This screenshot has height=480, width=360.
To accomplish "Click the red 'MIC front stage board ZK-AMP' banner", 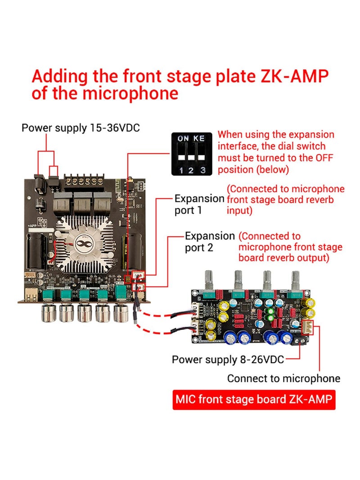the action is [254, 399].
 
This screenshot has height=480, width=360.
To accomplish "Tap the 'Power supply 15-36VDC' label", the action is [81, 128].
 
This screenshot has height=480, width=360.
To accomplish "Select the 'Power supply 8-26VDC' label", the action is [228, 359].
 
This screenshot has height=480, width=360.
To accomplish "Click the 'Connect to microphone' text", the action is [283, 378].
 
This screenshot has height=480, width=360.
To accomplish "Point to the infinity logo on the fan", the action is [83, 244].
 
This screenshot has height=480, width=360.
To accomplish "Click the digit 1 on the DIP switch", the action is [181, 170].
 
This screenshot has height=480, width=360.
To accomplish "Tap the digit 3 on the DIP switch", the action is [202, 170].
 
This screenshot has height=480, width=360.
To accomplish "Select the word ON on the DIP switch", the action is [183, 139].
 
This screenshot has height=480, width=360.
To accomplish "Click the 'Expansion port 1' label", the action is [199, 204].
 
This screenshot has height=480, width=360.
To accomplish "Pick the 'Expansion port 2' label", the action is [210, 242].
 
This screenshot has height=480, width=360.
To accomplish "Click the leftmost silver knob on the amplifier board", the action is [49, 313].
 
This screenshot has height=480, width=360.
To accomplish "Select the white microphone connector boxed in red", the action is [307, 327].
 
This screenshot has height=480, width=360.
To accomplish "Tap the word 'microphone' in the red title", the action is [130, 94].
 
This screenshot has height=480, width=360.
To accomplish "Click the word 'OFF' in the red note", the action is [324, 157].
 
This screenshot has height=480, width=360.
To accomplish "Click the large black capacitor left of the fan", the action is [37, 251].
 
